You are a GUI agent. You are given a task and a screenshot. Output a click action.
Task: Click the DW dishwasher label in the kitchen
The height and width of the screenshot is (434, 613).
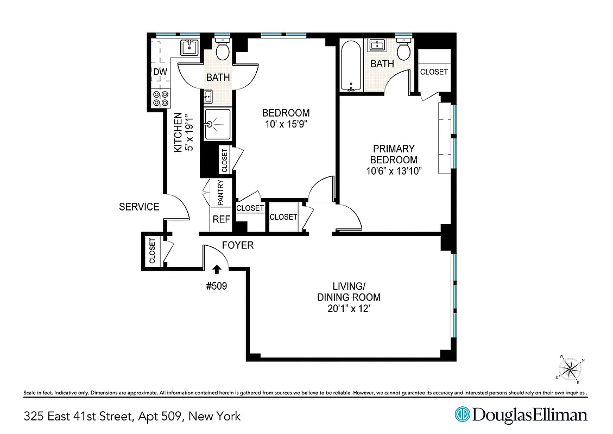pyautogui.click(x=160, y=72)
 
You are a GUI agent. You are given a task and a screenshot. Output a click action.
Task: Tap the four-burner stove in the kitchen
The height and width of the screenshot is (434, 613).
pyautogui.click(x=160, y=98)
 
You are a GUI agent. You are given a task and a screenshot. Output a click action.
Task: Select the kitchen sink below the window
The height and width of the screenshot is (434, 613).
pyautogui.click(x=189, y=48)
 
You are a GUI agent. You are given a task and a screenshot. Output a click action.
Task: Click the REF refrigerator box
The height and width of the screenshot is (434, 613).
pyautogui.click(x=221, y=220)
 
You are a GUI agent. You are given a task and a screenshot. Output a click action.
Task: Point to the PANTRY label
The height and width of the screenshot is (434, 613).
pyautogui.click(x=221, y=193)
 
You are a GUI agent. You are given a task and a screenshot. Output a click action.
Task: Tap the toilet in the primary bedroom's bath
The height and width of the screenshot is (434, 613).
pyautogui.click(x=403, y=51)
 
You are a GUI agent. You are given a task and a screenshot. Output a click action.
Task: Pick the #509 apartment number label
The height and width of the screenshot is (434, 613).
pyautogui.click(x=216, y=285)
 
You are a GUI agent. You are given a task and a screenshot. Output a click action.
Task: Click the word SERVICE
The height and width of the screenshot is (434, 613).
pyautogui.click(x=139, y=207)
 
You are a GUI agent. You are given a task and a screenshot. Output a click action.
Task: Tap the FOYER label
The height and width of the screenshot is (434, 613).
pyautogui.click(x=237, y=246)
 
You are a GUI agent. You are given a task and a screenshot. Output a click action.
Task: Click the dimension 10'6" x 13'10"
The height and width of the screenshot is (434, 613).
pyautogui.click(x=394, y=171)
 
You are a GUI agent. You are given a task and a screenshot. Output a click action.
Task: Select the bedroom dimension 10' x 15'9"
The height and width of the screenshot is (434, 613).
pyautogui.click(x=286, y=124)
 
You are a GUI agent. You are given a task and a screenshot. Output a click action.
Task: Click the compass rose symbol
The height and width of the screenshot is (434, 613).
pyautogui.click(x=570, y=370)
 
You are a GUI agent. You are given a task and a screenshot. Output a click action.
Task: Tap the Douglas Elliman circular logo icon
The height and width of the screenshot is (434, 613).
pyautogui.click(x=462, y=415)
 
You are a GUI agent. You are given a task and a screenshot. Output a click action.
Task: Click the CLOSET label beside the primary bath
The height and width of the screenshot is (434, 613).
pyautogui.click(x=434, y=72)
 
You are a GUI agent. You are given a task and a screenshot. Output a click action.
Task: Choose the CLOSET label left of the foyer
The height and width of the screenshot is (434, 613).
pyautogui.click(x=152, y=251)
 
